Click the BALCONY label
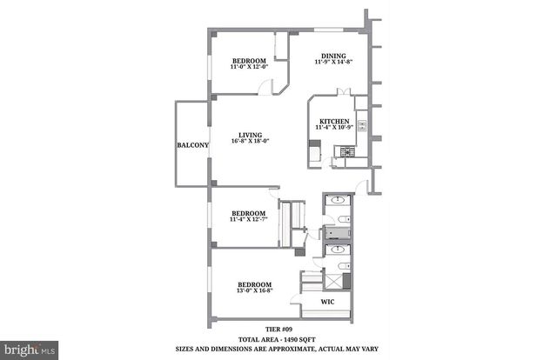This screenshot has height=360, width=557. coord(191,145)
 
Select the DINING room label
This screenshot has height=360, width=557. coord(335,53)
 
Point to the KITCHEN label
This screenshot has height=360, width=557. coord(335,121)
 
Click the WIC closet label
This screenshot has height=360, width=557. coord(327,303)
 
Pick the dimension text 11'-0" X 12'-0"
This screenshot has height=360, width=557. coord(242,67)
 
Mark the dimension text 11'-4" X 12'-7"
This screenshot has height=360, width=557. coord(248,220)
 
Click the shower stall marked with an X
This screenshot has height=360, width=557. coord(335,279)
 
